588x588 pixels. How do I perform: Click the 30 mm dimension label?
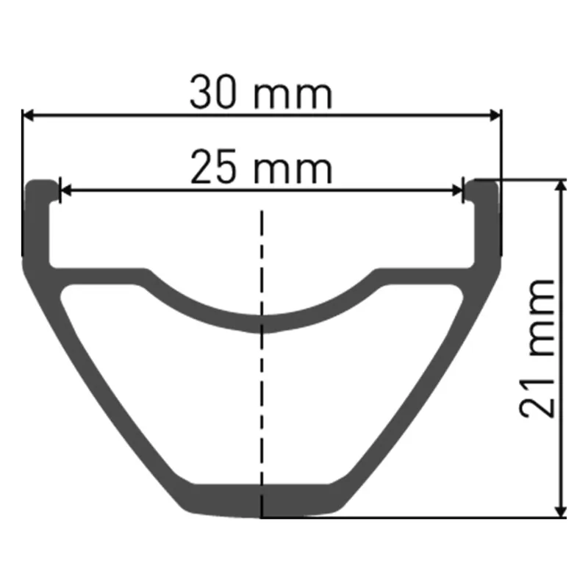(261, 95)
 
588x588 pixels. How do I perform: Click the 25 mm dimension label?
(261, 168)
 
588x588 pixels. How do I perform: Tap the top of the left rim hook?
(41, 181)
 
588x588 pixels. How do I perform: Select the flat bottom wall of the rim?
(262, 501)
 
